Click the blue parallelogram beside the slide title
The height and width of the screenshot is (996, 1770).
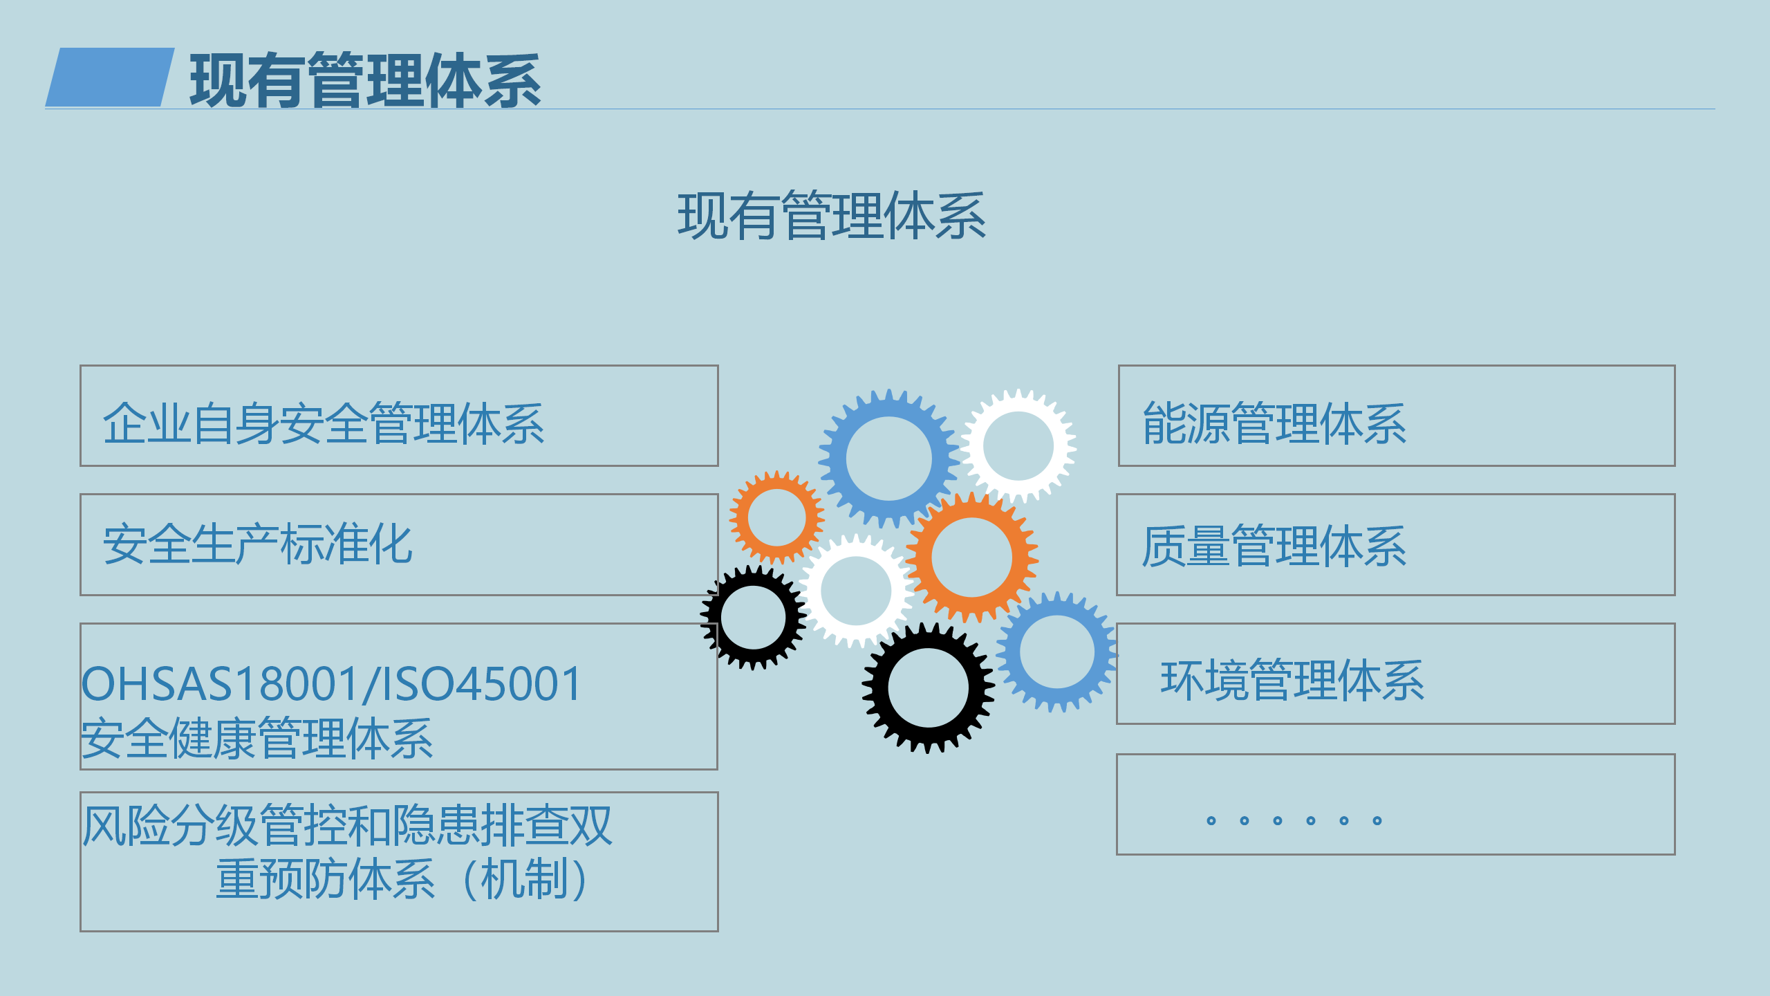click(110, 77)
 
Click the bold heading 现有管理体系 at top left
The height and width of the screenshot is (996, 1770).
click(365, 81)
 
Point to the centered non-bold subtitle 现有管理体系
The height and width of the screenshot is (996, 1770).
click(831, 216)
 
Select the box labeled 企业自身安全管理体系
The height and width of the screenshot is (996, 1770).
click(399, 416)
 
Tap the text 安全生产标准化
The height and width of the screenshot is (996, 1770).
click(257, 544)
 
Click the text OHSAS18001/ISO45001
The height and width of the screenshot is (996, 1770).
click(332, 684)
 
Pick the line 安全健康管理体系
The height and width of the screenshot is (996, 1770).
click(257, 739)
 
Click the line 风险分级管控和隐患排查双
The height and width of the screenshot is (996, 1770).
click(347, 826)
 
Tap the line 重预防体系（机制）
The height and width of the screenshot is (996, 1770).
click(402, 880)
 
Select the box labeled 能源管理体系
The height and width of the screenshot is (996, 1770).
click(1397, 416)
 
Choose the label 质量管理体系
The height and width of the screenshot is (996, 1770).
click(1274, 546)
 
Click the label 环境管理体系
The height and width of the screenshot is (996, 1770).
click(1292, 681)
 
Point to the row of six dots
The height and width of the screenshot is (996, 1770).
click(1294, 821)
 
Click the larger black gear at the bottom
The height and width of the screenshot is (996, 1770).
click(875, 688)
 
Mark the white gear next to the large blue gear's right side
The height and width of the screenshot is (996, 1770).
click(972, 446)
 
